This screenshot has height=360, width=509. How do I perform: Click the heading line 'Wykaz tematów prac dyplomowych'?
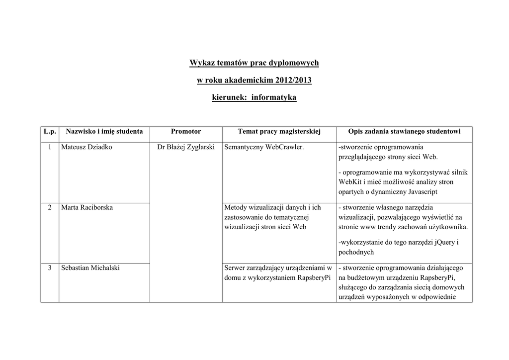(x=254, y=63)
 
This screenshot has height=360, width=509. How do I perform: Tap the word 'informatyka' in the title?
(x=274, y=98)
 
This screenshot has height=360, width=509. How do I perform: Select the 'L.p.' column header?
(x=50, y=132)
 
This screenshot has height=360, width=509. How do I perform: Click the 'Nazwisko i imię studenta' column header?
(x=104, y=132)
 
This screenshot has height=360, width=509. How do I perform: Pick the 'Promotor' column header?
(x=186, y=132)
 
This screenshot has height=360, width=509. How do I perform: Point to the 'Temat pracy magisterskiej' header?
(x=279, y=132)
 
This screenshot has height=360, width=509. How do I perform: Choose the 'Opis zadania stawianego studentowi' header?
(x=405, y=132)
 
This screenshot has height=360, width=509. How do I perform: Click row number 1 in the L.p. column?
(x=50, y=148)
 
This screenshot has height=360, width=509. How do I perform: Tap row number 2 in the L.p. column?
(x=50, y=207)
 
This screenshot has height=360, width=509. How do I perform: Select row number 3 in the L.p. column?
(x=50, y=268)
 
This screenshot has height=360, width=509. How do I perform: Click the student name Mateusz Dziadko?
(x=86, y=148)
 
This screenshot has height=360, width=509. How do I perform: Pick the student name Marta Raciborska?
(x=87, y=207)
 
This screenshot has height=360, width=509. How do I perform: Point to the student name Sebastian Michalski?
(x=90, y=268)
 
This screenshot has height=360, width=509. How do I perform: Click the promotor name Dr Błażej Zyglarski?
(x=186, y=148)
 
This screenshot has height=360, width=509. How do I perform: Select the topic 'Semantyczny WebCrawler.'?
(x=264, y=148)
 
